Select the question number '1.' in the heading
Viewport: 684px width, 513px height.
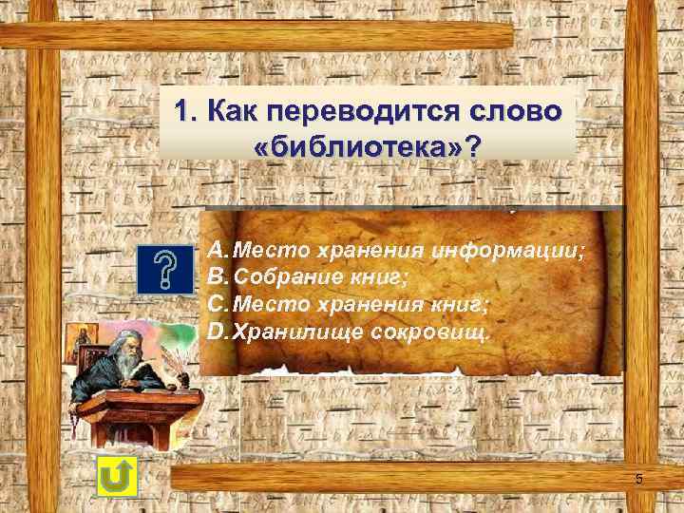pos(185,112)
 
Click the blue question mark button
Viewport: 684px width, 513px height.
pos(165,270)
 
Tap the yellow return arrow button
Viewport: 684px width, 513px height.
pos(117,475)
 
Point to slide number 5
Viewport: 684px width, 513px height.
pos(638,480)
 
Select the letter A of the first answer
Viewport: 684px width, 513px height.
pos(217,250)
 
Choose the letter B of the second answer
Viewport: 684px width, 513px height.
pos(217,277)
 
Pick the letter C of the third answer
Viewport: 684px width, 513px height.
pos(217,305)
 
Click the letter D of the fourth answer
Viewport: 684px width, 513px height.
pos(217,332)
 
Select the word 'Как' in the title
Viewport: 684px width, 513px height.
pos(233,112)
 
